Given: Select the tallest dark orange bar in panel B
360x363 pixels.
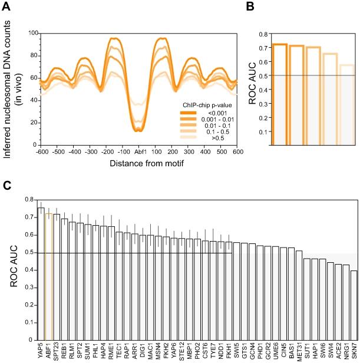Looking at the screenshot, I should [279, 94].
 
